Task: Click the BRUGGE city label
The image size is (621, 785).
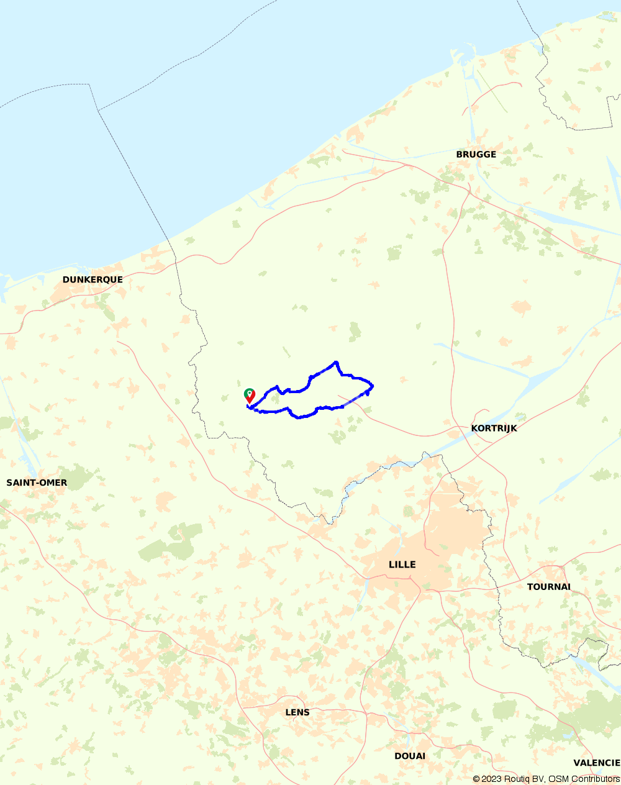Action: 476,155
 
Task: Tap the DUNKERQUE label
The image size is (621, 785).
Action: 93,280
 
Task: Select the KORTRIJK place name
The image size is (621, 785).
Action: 494,429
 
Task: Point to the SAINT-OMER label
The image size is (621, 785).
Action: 37,483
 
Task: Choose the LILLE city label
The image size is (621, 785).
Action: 402,565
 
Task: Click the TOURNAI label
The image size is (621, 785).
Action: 548,587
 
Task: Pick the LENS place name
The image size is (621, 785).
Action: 297,712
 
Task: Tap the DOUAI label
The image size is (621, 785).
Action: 410,756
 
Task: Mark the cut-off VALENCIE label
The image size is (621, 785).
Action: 596,763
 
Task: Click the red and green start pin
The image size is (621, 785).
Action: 249,396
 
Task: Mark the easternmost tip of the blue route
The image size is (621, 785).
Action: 372,386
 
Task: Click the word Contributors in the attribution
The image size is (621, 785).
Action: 596,779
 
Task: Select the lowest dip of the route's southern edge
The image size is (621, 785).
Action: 301,417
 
